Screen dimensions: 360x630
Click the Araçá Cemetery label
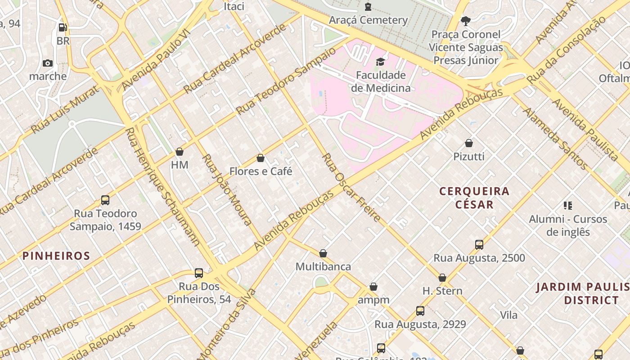click(368, 20)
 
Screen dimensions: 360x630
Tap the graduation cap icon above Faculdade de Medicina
click(381, 62)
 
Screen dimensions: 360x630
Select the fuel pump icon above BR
click(63, 27)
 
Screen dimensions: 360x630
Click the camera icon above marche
click(48, 63)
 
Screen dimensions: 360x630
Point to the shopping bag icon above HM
click(180, 152)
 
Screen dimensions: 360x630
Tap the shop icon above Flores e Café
click(260, 158)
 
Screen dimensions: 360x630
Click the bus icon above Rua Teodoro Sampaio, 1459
click(105, 200)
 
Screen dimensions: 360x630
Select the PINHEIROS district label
click(56, 256)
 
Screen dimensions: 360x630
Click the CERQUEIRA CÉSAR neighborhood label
click(474, 198)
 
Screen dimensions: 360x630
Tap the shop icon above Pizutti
click(469, 143)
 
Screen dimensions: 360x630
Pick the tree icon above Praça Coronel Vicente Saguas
click(465, 21)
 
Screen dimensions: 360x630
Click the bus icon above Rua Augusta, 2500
click(479, 245)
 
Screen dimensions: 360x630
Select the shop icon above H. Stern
click(442, 278)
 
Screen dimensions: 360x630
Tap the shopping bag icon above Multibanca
click(323, 253)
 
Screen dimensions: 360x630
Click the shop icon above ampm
click(373, 287)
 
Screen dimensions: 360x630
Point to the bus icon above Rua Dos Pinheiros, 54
click(199, 273)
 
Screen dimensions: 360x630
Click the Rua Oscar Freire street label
click(352, 188)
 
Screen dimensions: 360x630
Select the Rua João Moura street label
click(227, 189)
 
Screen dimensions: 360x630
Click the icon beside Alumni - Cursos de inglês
click(568, 206)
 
